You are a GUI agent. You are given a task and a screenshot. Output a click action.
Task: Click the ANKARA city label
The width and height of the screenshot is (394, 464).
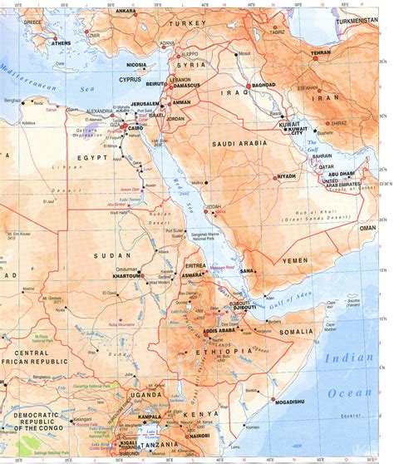[126, 11]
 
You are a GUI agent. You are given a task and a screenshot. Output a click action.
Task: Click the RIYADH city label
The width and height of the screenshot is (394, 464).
[287, 176]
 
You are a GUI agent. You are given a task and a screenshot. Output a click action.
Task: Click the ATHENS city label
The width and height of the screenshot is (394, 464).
[61, 42]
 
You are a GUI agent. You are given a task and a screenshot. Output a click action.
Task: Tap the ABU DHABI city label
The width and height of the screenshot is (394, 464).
[342, 174]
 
